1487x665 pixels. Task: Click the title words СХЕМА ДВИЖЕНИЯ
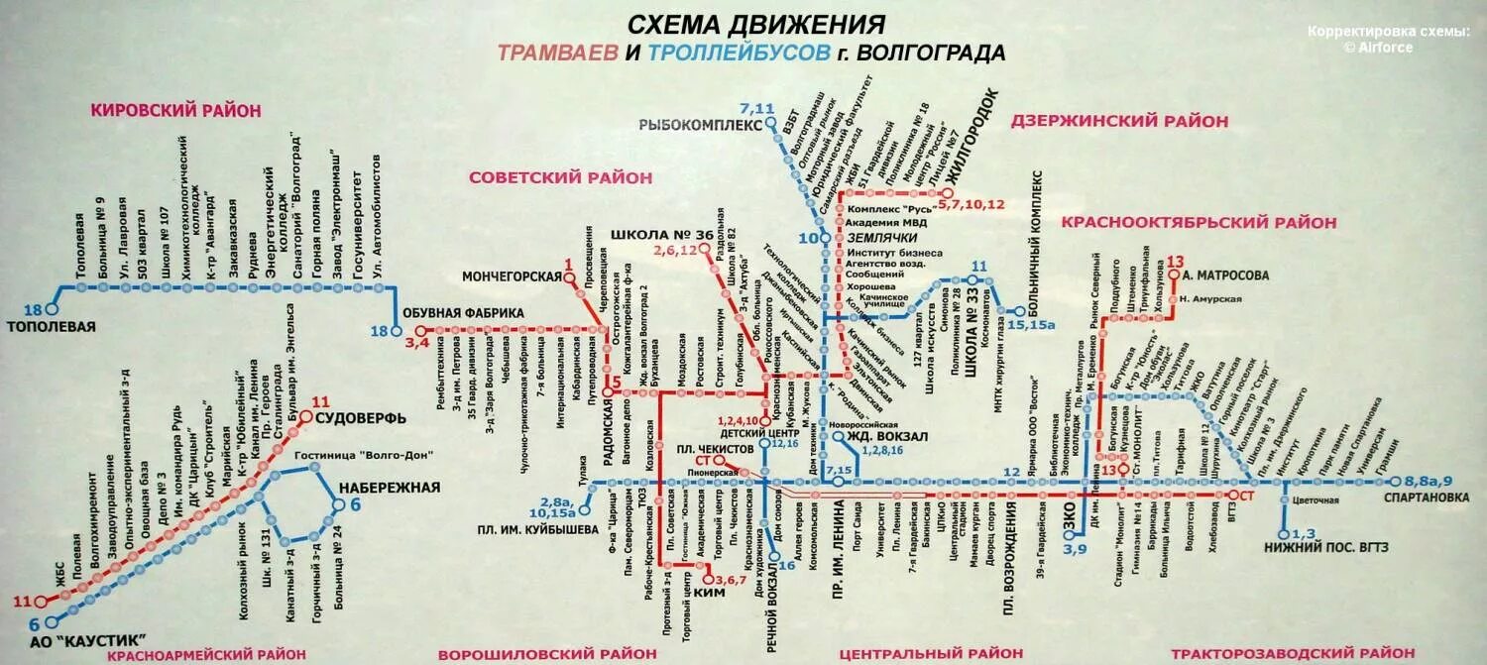(757, 23)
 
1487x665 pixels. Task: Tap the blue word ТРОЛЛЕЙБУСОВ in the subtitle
(738, 53)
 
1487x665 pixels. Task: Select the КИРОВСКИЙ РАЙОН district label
(175, 111)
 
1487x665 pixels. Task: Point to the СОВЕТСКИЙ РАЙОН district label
(561, 177)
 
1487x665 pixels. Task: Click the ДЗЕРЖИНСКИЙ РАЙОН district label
(1119, 122)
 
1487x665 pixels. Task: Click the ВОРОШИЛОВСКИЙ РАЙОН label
(547, 653)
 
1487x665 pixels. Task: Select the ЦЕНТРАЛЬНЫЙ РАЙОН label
(931, 653)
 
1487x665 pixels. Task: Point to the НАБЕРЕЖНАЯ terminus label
(388, 488)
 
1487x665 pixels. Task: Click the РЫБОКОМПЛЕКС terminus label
(701, 126)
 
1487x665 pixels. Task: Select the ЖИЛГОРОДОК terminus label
(976, 138)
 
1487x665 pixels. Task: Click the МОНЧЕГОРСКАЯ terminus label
(512, 277)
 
